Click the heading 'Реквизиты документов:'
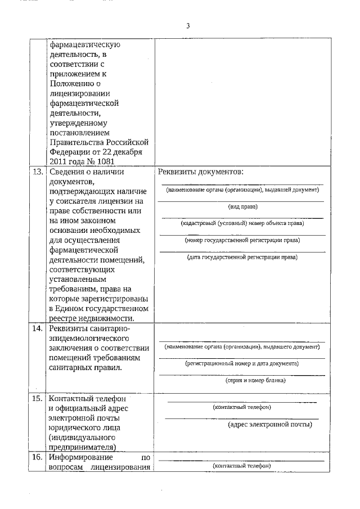point(200,172)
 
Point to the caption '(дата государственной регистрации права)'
point(242,257)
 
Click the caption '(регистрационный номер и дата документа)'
point(242,363)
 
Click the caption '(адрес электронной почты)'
point(270,425)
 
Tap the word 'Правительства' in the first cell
point(74,142)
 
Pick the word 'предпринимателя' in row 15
point(83,448)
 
